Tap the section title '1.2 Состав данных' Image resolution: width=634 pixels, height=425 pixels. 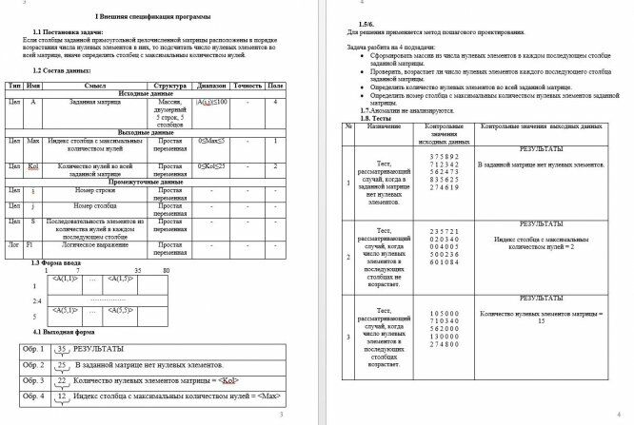62,70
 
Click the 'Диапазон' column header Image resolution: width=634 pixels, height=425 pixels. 211,87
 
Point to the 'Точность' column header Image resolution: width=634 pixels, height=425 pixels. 248,87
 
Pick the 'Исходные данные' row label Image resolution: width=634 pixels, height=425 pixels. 146,94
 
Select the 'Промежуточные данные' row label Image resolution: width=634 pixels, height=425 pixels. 146,181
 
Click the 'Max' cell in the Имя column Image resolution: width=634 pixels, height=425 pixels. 33,141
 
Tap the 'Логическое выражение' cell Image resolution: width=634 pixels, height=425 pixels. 89,245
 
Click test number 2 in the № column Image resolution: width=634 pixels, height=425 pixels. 349,256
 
